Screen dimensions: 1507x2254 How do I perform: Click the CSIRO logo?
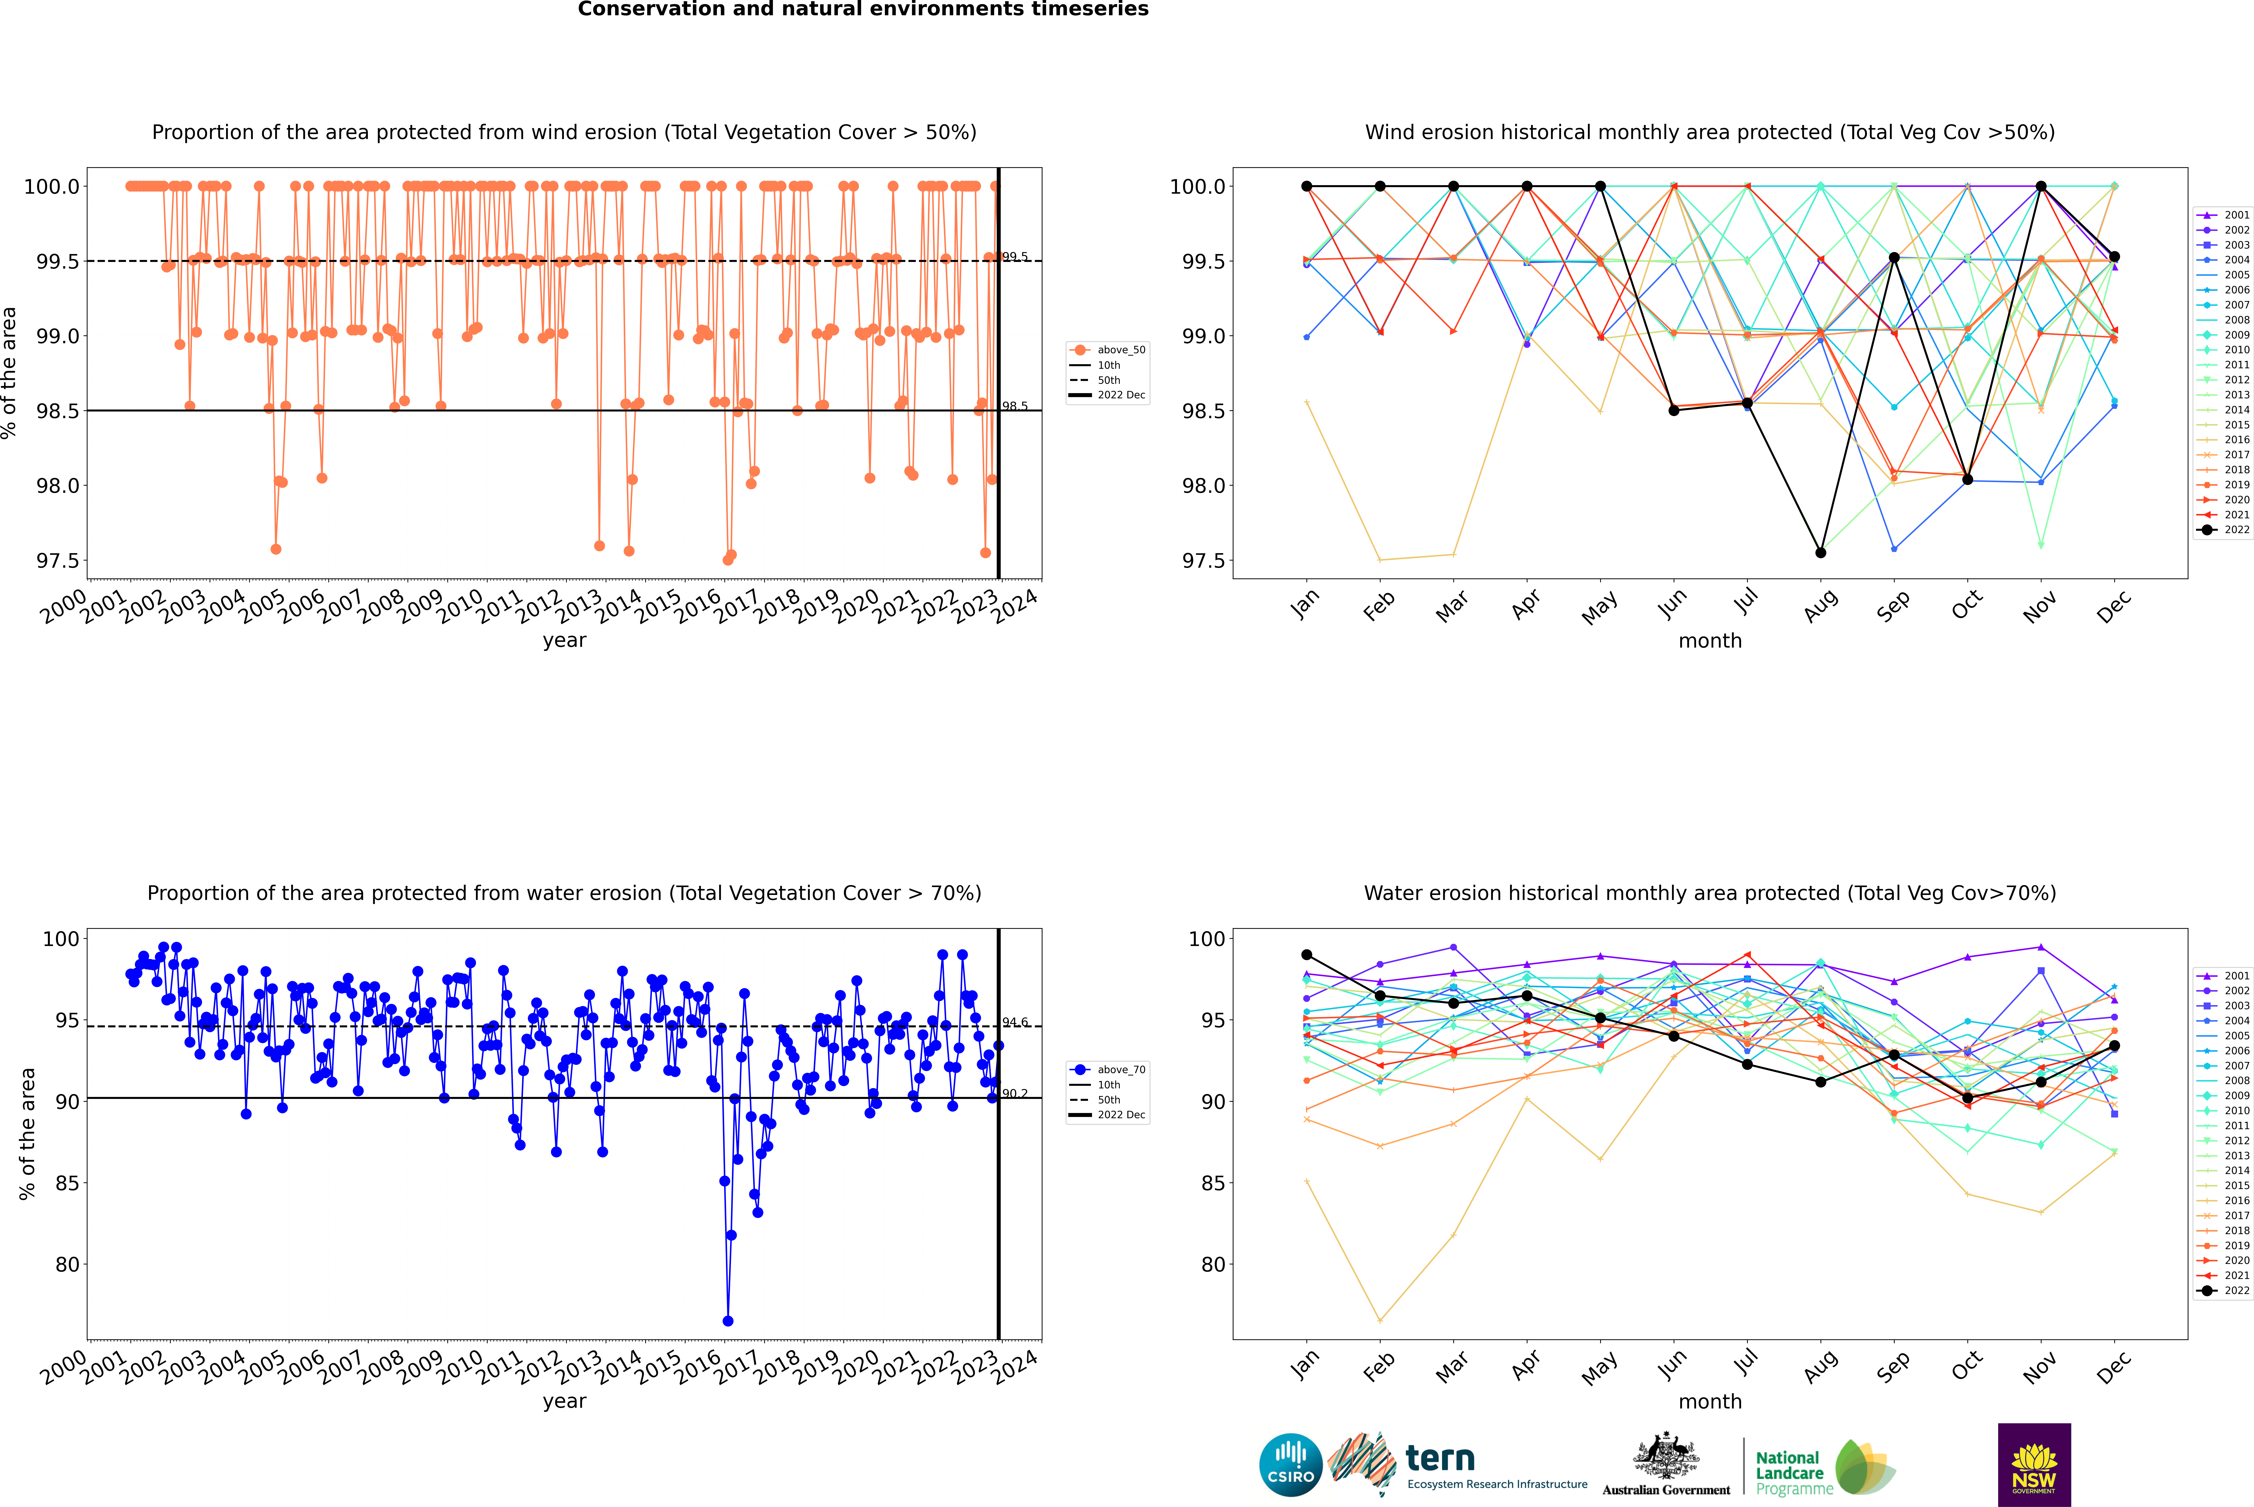(1290, 1465)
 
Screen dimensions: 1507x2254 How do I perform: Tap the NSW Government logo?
(2034, 1465)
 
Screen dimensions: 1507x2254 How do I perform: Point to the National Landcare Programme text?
(1789, 1473)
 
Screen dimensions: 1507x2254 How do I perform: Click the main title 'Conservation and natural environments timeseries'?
(863, 10)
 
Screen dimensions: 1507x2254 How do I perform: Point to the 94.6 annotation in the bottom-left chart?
(1015, 1023)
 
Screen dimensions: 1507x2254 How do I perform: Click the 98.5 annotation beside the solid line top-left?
(1015, 406)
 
